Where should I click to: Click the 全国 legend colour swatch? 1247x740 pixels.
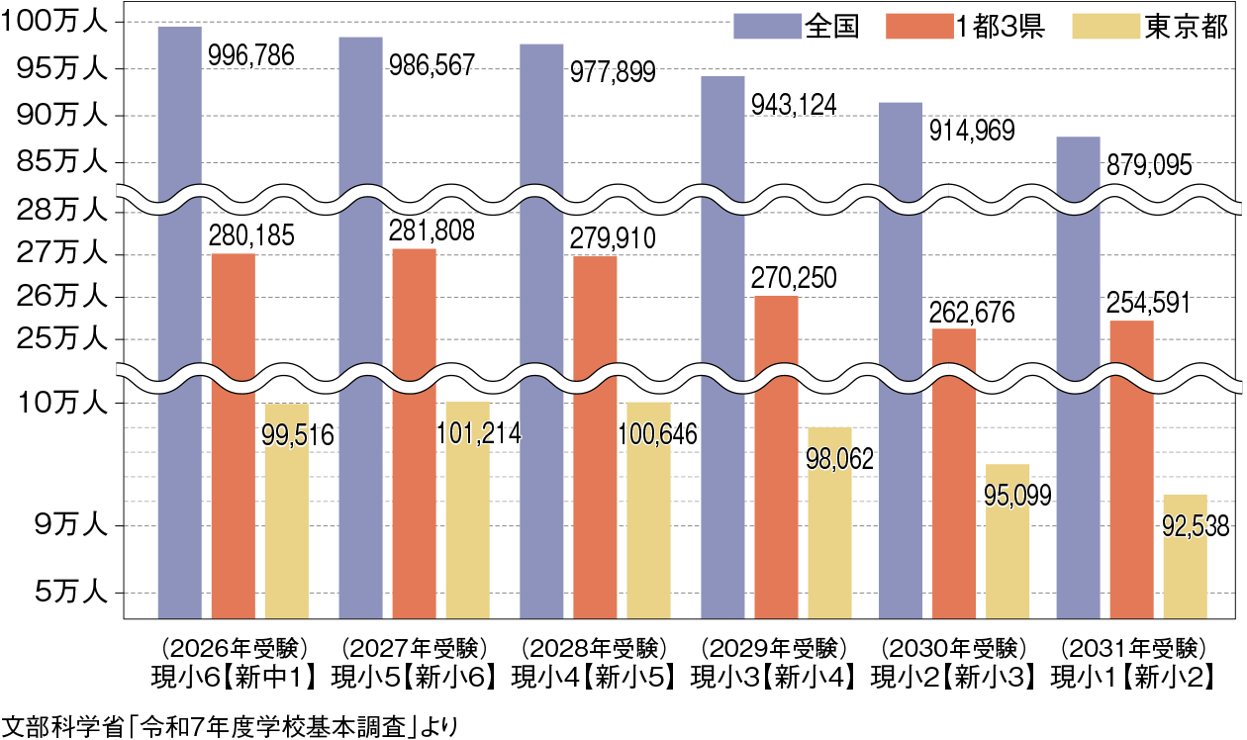point(766,26)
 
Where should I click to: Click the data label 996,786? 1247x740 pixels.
point(250,56)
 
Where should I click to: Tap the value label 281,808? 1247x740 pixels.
point(432,231)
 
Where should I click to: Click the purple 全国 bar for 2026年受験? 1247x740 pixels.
point(179,317)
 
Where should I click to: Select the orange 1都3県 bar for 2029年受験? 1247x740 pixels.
point(776,455)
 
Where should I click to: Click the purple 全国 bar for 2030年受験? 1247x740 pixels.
point(901,356)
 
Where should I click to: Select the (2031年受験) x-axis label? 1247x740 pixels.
point(1132,650)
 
